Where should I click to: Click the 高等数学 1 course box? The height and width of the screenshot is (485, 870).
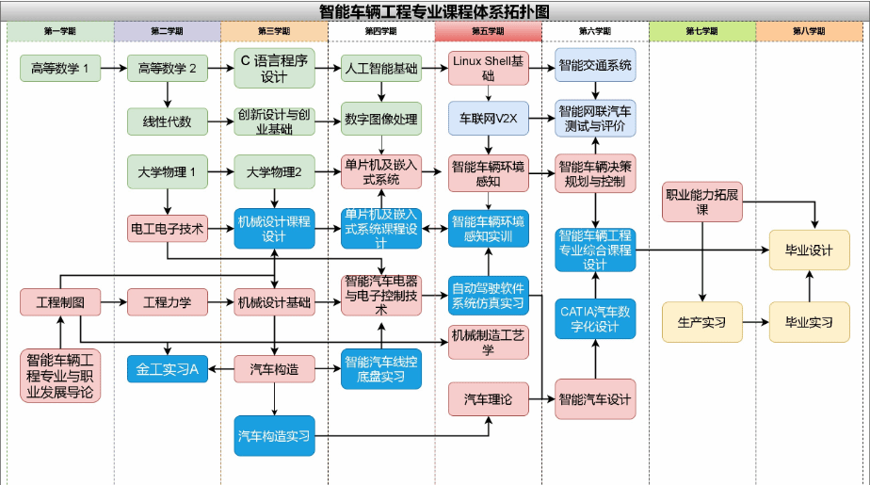60,68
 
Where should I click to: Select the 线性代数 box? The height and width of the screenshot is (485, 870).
167,121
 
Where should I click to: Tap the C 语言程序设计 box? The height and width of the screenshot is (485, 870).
274,69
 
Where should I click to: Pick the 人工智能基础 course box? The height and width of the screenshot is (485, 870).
381,68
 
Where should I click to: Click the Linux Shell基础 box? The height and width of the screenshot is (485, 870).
488,68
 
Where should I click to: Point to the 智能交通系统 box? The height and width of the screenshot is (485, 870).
595,66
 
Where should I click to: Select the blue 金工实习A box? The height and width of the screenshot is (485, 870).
167,369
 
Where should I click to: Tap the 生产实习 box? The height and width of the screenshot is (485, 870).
701,322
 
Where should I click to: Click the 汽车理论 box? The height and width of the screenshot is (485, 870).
488,400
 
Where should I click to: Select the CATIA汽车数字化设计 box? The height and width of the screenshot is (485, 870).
595,318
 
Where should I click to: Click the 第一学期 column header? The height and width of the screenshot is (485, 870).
60,31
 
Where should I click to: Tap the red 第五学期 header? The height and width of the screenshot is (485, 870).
488,31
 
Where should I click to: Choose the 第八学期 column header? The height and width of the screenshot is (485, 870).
809,31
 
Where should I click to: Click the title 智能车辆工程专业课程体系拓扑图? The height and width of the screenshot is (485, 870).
434,10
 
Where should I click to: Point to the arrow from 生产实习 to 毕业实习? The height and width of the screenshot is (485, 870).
755,322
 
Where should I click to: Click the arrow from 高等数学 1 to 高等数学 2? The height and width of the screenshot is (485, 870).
113,68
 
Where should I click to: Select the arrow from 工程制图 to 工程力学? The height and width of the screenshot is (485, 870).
113,302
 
